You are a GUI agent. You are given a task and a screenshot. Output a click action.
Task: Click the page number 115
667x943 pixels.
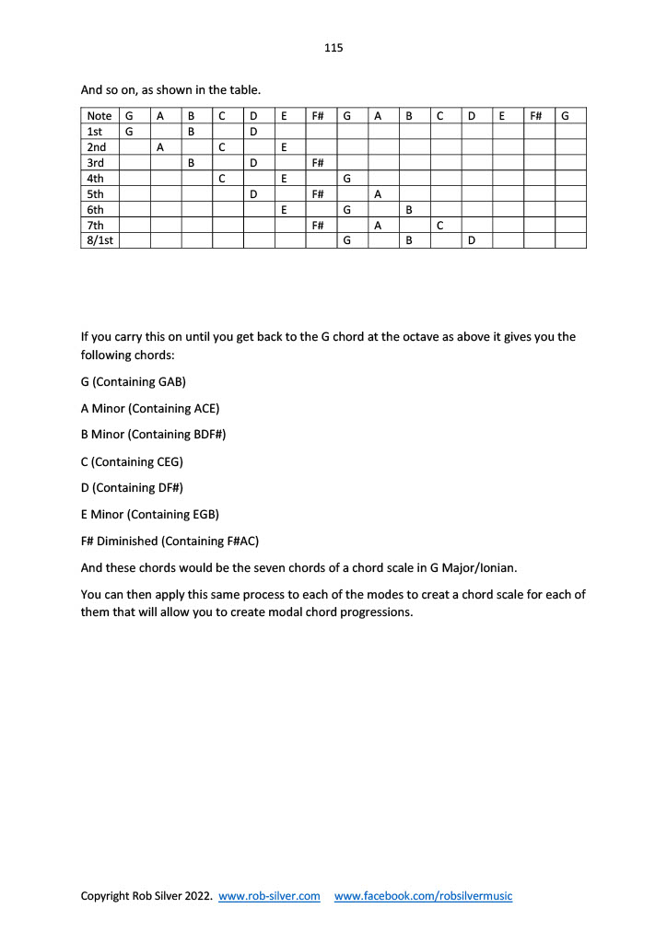(333, 48)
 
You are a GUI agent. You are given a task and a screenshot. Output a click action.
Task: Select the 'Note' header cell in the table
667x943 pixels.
(99, 116)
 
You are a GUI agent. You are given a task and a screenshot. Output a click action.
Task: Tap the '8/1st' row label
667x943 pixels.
(99, 241)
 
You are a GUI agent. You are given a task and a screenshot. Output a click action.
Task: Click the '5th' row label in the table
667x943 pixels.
(95, 194)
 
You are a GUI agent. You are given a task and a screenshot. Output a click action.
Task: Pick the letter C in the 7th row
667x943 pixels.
(440, 226)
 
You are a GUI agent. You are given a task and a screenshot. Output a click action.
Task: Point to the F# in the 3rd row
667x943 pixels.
(317, 163)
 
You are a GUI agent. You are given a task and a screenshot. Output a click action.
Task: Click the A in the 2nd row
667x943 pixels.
(160, 147)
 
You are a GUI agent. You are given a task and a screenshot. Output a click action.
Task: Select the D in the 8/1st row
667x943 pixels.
(471, 241)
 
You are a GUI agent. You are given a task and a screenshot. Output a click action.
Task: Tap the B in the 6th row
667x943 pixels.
(409, 210)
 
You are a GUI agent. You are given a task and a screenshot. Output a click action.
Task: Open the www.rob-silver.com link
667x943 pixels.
(269, 896)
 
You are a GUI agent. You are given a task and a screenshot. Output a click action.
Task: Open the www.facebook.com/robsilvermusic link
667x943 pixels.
(423, 896)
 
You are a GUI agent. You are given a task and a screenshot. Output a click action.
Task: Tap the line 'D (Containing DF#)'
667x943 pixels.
(133, 487)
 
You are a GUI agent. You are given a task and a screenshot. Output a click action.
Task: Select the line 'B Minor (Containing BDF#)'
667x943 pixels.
(153, 434)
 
